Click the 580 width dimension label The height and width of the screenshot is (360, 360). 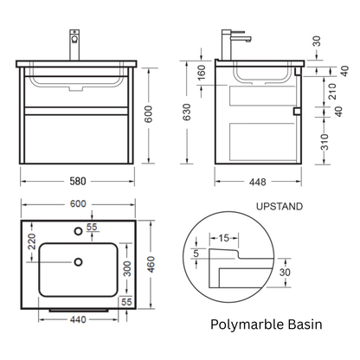78,181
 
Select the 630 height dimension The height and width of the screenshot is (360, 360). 187,112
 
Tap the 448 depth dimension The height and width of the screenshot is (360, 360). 258,182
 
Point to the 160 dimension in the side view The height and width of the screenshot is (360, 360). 202,72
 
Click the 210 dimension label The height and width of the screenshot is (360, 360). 332,91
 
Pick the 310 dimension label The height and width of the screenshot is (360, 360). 325,142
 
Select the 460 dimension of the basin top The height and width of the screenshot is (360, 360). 151,264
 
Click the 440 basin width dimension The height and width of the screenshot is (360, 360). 78,319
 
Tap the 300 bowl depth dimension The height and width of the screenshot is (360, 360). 127,268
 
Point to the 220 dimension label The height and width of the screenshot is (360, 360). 31,241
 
